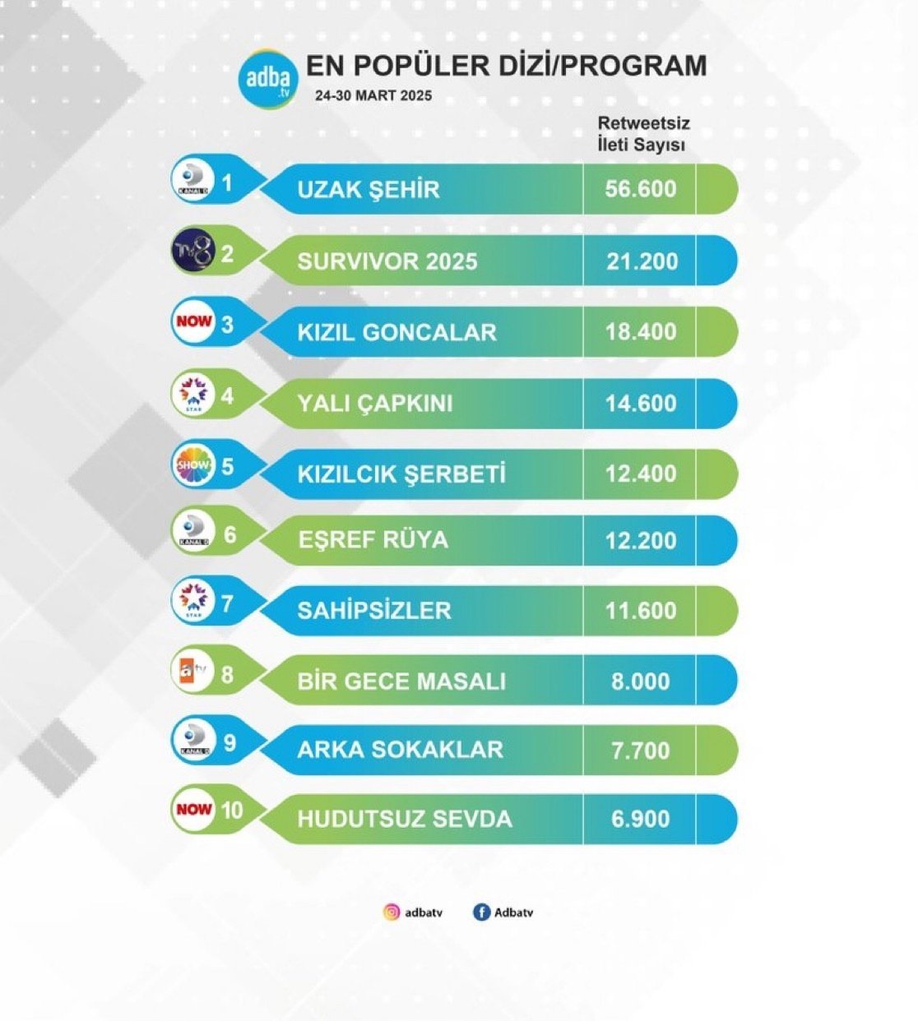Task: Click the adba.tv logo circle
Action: click(268, 79)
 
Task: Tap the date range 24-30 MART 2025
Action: click(373, 95)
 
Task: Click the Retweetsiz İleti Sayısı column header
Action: click(642, 134)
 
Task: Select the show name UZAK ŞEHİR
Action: click(369, 190)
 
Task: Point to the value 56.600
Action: click(641, 189)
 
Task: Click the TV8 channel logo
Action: click(194, 252)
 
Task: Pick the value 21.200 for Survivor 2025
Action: click(642, 261)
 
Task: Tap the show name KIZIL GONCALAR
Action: click(396, 332)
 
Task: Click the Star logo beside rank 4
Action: click(195, 394)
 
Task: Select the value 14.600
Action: click(641, 404)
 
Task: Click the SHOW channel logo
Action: click(194, 465)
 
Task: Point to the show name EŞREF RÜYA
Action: click(373, 540)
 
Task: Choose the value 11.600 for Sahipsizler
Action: click(641, 611)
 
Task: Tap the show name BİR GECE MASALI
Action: click(401, 681)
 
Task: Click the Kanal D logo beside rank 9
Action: click(195, 741)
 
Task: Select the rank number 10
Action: click(232, 811)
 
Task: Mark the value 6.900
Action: click(641, 820)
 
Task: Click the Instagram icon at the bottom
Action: click(392, 912)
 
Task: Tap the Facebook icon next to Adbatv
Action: click(481, 912)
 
